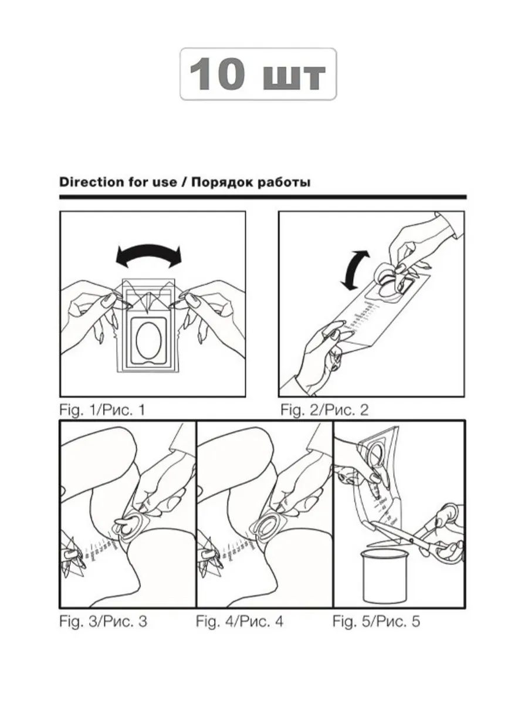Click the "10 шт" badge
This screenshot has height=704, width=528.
click(258, 74)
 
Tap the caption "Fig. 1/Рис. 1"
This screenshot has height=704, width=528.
click(102, 410)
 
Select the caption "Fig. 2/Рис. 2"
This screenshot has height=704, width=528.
click(324, 410)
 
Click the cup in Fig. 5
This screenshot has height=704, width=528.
click(384, 576)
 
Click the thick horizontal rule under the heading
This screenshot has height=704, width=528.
click(263, 197)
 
